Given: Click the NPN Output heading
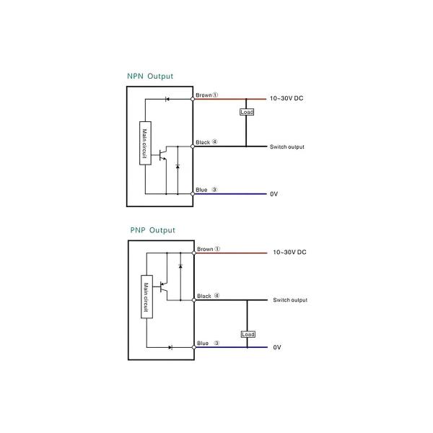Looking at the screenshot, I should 149,76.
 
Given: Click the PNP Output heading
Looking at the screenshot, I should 152,230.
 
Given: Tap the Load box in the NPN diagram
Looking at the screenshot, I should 246,112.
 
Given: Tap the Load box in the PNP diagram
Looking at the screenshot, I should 248,334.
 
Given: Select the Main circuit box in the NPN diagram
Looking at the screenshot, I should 145,143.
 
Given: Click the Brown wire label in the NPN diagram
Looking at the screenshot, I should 204,95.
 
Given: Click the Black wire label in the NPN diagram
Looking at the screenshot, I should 204,142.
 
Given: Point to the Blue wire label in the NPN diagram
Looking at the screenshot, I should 202,190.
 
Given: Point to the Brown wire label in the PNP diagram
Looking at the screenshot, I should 206,249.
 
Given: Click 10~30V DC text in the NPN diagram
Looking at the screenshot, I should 287,98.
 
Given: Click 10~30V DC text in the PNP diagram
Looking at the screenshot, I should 289,253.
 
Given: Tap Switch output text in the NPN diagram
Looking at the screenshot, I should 287,147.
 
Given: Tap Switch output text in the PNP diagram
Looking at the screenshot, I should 289,300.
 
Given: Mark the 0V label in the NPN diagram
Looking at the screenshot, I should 274,194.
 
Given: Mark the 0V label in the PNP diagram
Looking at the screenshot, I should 277,348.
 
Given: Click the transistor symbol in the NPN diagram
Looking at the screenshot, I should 164,154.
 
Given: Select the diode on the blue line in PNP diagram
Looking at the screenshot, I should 170,347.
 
